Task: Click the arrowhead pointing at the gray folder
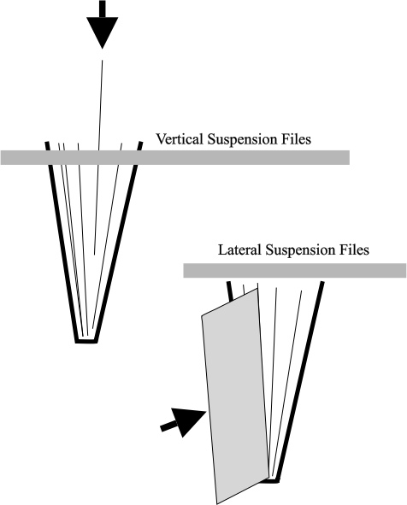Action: click(x=187, y=421)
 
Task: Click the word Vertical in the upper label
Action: click(x=180, y=139)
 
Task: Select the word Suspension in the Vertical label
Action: click(x=241, y=140)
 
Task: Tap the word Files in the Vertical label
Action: click(x=294, y=139)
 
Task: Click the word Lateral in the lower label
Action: click(x=239, y=250)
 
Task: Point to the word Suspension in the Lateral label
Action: click(x=298, y=250)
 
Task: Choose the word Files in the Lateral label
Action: click(x=352, y=250)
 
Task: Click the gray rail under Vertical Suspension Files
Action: click(x=175, y=157)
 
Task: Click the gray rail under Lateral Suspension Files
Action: click(x=294, y=270)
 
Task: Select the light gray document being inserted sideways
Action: click(x=235, y=396)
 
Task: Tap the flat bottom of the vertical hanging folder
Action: click(x=86, y=341)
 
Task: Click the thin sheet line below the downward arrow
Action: click(x=98, y=157)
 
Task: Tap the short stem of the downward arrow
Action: click(x=102, y=9)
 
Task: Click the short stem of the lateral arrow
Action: click(x=168, y=426)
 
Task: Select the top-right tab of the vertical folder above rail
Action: click(x=139, y=145)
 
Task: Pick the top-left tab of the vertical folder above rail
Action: click(x=48, y=145)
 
